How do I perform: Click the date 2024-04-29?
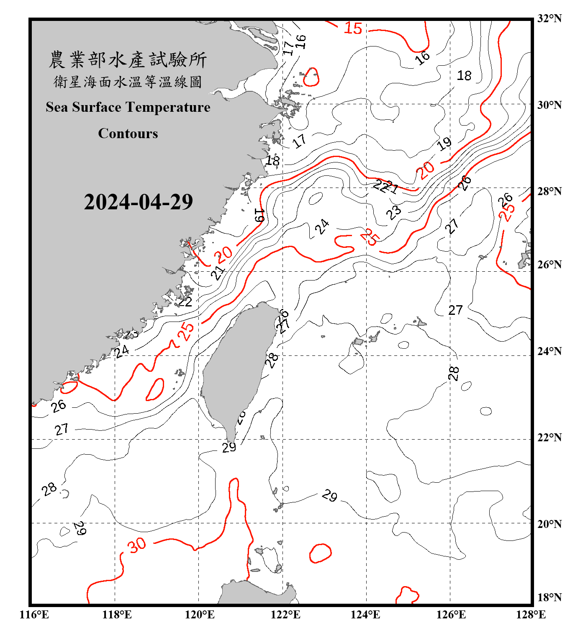click(x=138, y=202)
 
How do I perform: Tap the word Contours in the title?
click(x=128, y=134)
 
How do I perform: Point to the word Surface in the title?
click(x=96, y=108)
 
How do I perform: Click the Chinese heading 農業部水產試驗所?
click(x=128, y=59)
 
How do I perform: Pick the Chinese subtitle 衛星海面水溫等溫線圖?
click(x=128, y=82)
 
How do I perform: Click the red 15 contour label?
click(x=353, y=28)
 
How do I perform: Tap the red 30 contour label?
click(x=137, y=545)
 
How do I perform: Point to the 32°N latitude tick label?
click(x=549, y=18)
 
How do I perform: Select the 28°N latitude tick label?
click(x=549, y=191)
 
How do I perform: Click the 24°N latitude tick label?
click(x=549, y=351)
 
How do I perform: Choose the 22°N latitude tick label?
click(x=549, y=438)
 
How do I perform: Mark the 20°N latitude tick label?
click(x=549, y=524)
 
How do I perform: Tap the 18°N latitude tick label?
click(x=549, y=597)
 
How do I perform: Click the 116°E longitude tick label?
click(x=34, y=615)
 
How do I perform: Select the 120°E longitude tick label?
click(x=200, y=615)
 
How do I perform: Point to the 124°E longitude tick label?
click(x=365, y=615)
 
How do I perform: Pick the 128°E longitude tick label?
click(x=531, y=615)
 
